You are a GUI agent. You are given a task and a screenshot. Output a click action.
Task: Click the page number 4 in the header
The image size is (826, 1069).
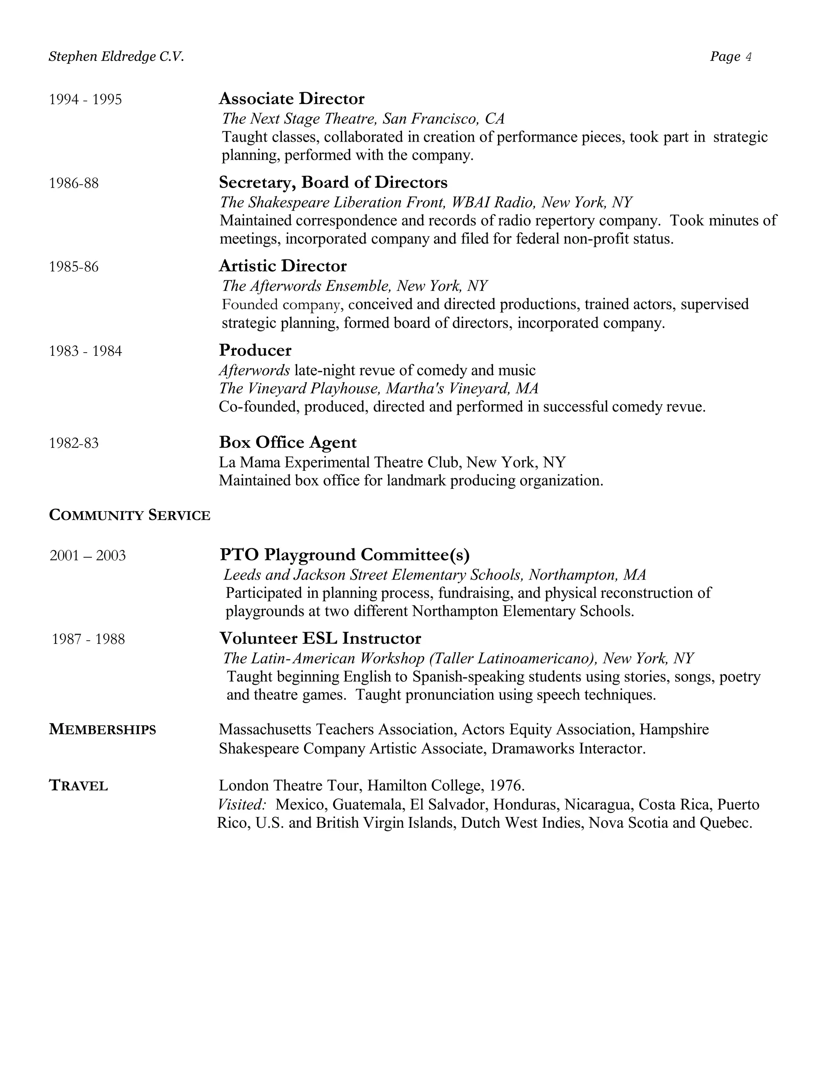pos(748,57)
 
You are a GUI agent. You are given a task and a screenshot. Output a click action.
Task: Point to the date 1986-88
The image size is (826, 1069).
pos(73,183)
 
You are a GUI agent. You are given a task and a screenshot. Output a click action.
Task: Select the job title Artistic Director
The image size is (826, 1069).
pos(282,266)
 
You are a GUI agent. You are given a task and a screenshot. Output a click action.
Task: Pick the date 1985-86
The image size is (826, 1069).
pos(73,267)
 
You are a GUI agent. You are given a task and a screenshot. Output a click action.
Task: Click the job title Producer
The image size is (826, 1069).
pos(255,350)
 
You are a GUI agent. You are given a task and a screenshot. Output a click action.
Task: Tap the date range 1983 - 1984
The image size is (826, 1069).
pos(85,351)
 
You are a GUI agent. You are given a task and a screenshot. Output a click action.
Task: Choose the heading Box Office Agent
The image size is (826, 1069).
pos(287,442)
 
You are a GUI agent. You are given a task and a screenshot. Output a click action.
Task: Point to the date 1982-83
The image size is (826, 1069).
pos(73,443)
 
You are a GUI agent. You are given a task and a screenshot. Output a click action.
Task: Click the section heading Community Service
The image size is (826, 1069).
pos(130,516)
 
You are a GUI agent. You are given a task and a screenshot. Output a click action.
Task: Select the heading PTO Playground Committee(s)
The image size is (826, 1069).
pos(344,555)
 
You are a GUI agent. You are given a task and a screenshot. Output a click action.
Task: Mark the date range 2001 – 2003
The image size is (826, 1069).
pos(88,555)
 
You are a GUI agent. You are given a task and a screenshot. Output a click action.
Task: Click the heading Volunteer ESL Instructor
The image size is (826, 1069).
pos(320,638)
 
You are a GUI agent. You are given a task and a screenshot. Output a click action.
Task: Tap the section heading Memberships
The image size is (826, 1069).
pos(102,729)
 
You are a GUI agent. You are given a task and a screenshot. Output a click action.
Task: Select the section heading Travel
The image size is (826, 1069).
pos(78,785)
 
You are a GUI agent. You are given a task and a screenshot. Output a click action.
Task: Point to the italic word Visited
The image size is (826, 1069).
pos(242,804)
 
